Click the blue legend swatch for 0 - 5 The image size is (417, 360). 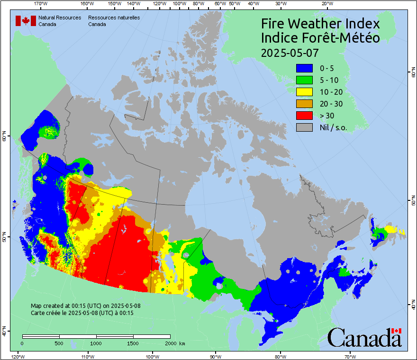tap(304, 68)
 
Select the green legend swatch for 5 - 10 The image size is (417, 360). tap(304, 80)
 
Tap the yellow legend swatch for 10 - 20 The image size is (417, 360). tap(304, 92)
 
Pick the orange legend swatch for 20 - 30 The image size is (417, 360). tap(304, 104)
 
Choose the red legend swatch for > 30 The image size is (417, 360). tap(304, 116)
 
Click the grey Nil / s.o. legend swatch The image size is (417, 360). tap(304, 127)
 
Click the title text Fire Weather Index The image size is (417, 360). tap(320, 24)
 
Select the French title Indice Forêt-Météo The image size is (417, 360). tap(320, 38)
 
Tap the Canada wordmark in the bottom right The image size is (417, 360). tap(364, 338)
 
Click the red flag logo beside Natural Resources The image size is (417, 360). tap(26, 20)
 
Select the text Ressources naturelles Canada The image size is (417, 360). tap(114, 20)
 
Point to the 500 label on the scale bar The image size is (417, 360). tap(59, 343)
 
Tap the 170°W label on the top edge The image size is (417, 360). tap(41, 4)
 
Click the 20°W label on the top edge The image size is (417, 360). tap(326, 4)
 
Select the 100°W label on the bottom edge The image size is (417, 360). tap(152, 356)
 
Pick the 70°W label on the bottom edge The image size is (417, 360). tap(350, 356)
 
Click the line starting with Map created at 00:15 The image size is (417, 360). tap(85, 306)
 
